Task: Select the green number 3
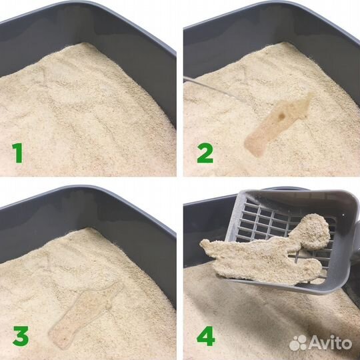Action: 19,337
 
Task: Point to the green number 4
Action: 205,337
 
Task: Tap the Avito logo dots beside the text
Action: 298,343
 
